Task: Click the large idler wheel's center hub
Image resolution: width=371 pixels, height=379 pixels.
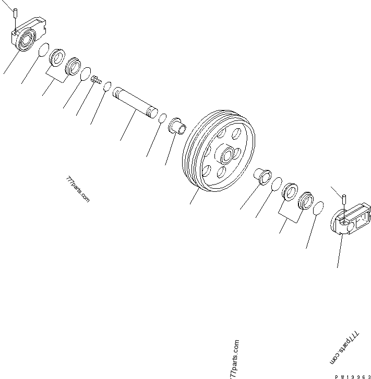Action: [228, 155]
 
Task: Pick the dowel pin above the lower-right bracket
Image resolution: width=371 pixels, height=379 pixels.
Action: [345, 200]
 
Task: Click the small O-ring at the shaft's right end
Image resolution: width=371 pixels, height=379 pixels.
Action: [162, 117]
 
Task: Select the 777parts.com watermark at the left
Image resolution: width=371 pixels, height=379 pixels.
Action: [77, 189]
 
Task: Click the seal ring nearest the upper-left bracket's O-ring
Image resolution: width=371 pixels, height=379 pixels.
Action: [57, 56]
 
